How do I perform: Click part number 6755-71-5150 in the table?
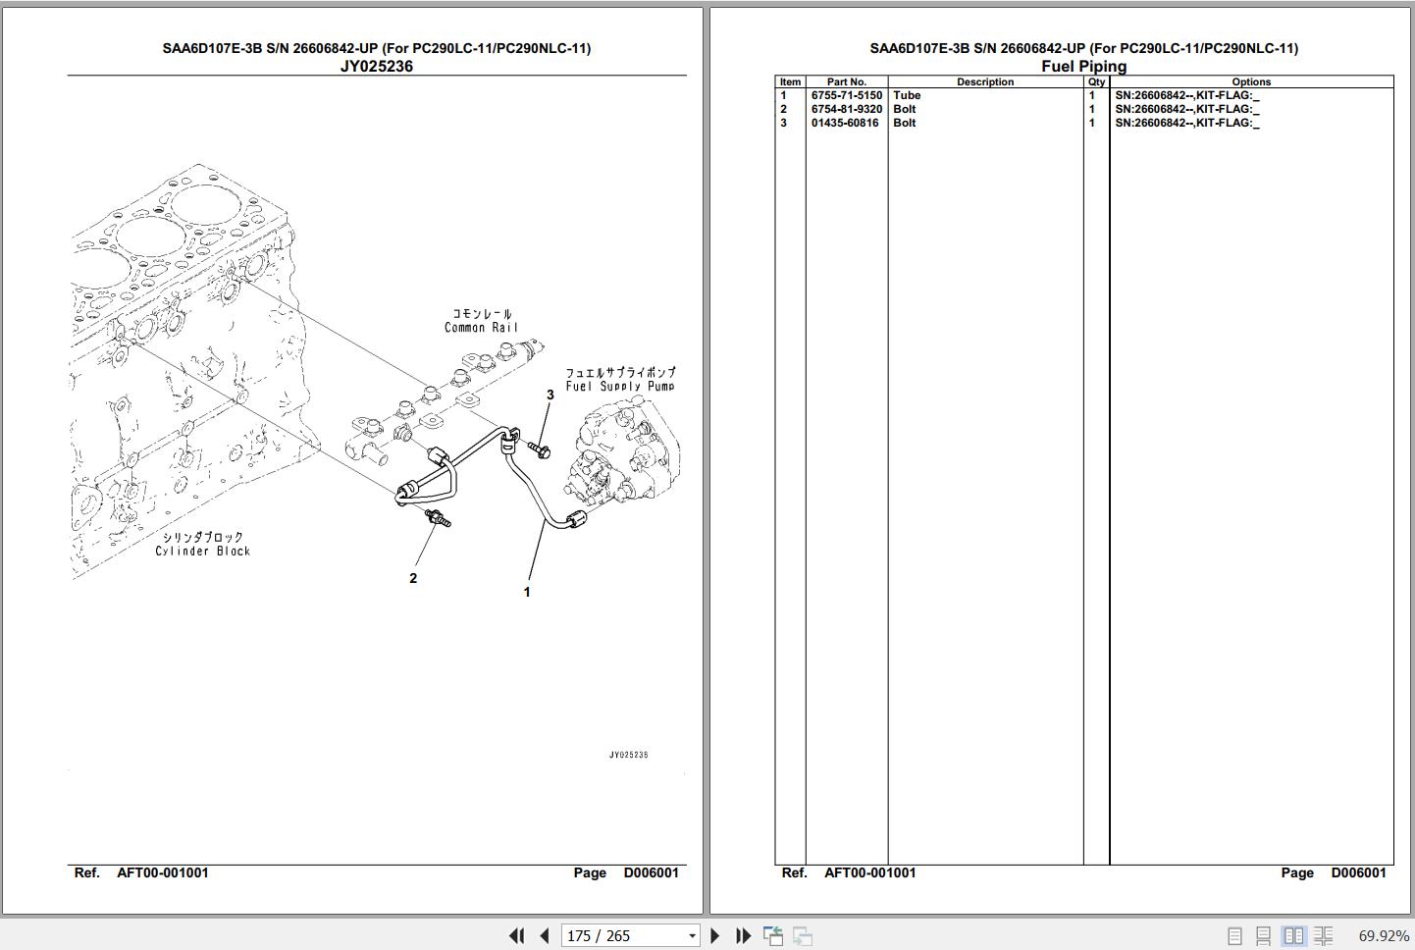(x=847, y=95)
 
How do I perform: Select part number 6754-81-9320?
(x=847, y=109)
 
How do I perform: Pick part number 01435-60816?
(x=845, y=124)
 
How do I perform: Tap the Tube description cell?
(x=907, y=95)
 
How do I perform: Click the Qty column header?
(x=1097, y=82)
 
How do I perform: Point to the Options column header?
(x=1251, y=82)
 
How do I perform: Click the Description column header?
(x=985, y=82)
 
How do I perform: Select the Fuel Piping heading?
(x=1084, y=67)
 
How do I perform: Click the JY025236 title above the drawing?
(x=377, y=67)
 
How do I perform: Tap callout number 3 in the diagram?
(x=550, y=395)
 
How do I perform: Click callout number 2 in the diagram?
(x=413, y=578)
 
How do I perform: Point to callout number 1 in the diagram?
(x=527, y=592)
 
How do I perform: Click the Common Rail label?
(x=482, y=327)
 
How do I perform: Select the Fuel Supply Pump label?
(x=620, y=386)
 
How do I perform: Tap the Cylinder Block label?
(x=203, y=551)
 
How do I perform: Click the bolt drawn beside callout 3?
(x=540, y=449)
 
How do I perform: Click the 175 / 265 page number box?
(x=630, y=935)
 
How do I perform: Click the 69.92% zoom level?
(x=1384, y=935)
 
